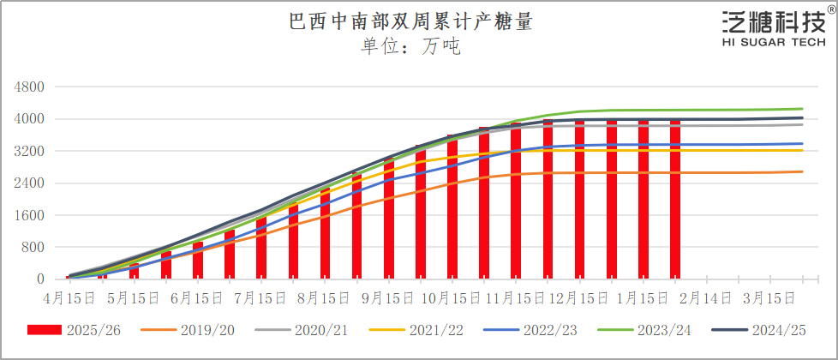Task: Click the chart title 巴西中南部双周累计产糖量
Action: tap(410, 21)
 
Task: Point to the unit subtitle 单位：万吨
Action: tap(410, 46)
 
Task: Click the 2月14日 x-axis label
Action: tap(707, 298)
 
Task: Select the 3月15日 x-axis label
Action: tap(769, 298)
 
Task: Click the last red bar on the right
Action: tap(675, 201)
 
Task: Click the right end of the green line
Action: tap(802, 109)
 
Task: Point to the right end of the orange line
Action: tap(802, 171)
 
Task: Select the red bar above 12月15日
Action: tap(580, 201)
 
